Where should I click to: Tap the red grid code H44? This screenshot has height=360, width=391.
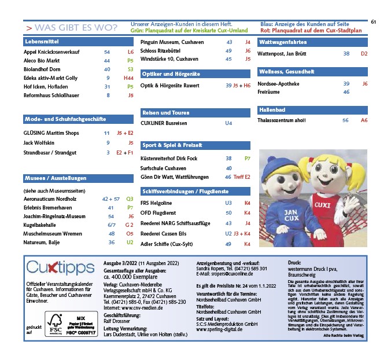128,78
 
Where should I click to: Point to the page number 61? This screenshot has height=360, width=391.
374,22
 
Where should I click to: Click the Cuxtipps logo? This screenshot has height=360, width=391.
60,268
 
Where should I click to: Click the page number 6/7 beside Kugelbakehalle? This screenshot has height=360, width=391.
111,224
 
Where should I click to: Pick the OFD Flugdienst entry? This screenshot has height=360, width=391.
158,213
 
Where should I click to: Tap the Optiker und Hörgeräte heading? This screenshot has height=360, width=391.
171,74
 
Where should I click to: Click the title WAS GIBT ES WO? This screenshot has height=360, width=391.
75,28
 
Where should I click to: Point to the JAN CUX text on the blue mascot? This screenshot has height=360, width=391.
291,215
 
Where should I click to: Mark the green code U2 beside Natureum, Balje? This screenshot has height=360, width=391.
130,242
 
